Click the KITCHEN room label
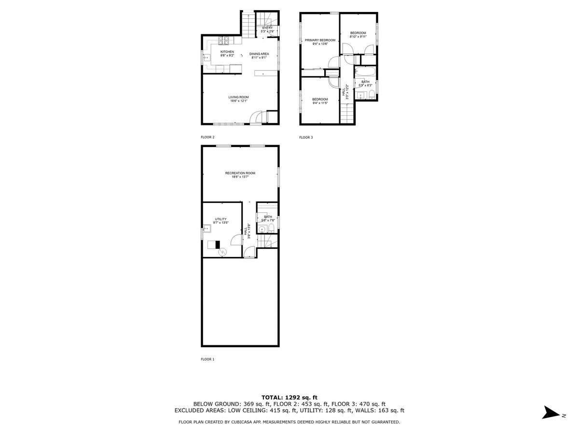tap(227, 52)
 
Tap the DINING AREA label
tap(259, 54)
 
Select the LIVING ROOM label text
tap(238, 97)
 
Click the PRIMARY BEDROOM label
tap(320, 40)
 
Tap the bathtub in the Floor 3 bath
tap(366, 72)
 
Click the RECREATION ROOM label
tap(240, 173)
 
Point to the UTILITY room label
tap(221, 219)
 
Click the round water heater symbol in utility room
tap(223, 251)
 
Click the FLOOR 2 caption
tap(207, 137)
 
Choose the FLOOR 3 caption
tap(306, 137)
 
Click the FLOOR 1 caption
tap(207, 359)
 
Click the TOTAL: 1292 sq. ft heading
tap(289, 397)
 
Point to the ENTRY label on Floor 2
tap(267, 28)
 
